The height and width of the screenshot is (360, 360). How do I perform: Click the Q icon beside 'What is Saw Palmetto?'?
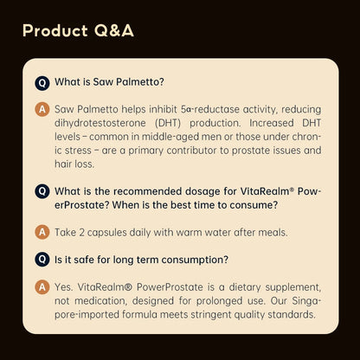[42, 83]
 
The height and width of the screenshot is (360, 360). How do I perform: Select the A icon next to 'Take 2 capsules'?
[42, 233]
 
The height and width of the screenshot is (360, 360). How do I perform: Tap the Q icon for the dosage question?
[42, 190]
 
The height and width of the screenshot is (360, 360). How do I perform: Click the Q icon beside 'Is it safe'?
[42, 259]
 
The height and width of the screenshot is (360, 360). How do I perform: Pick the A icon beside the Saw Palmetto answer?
[42, 110]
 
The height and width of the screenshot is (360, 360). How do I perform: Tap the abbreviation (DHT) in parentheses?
[174, 124]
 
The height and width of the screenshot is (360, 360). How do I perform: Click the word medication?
[87, 299]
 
